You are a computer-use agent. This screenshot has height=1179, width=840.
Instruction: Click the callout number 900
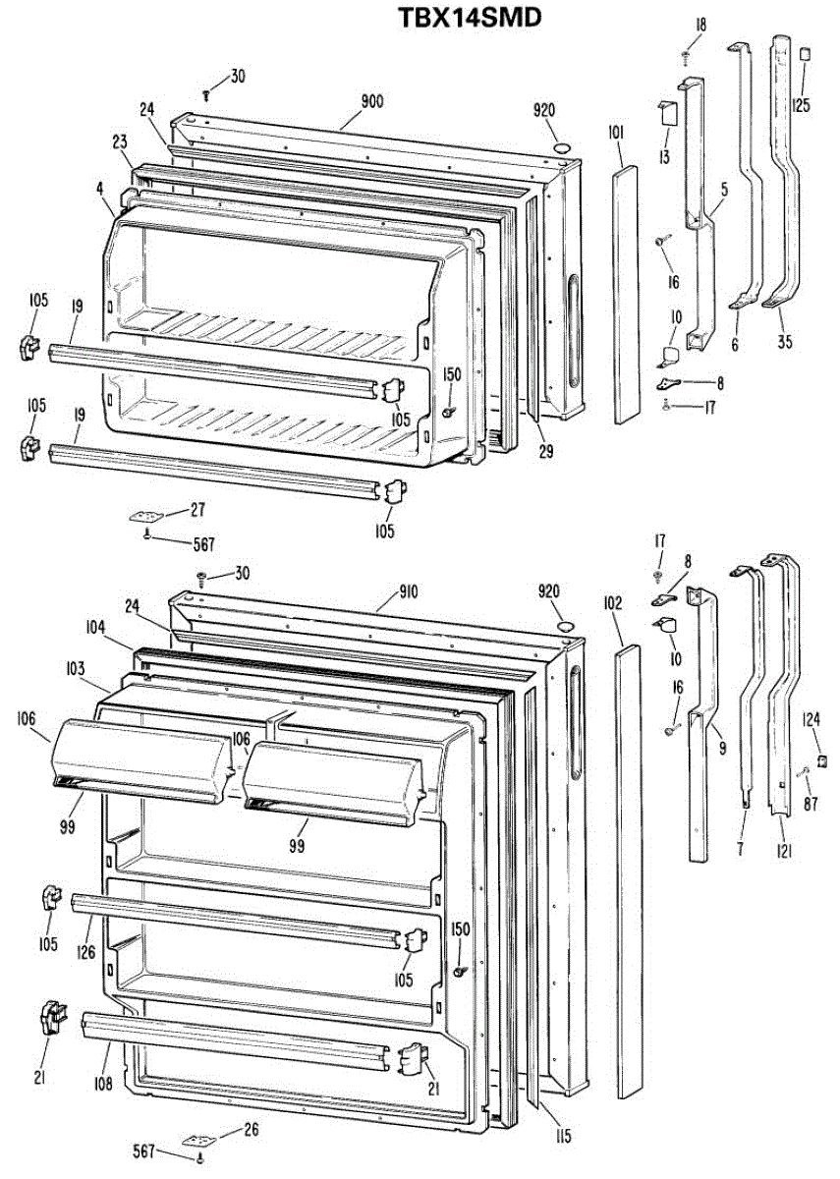coord(371,100)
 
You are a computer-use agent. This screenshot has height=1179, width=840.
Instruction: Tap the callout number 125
coord(802,99)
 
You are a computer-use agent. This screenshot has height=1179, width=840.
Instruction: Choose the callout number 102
coord(614,604)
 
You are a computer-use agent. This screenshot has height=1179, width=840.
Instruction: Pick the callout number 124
coord(812,719)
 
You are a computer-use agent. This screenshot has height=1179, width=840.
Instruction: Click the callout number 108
coord(105,1085)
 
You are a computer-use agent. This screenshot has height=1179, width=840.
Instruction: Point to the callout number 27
coord(197,509)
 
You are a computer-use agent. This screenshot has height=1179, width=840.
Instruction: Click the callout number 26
coord(251,1130)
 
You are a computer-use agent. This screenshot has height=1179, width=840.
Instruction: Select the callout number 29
coord(545,453)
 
